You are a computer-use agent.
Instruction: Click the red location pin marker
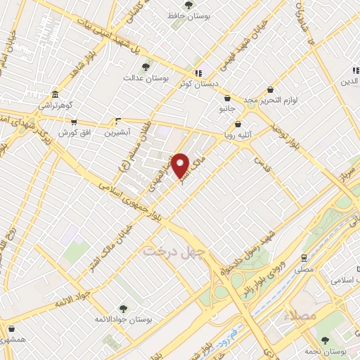(x=181, y=165)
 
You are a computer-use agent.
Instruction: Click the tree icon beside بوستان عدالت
(x=146, y=67)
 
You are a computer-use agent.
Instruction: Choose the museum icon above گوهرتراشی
(x=55, y=95)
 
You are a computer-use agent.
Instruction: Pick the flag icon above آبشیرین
(x=117, y=120)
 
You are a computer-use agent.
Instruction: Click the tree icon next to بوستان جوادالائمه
(x=122, y=309)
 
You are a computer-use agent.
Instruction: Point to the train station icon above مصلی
(x=304, y=257)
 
